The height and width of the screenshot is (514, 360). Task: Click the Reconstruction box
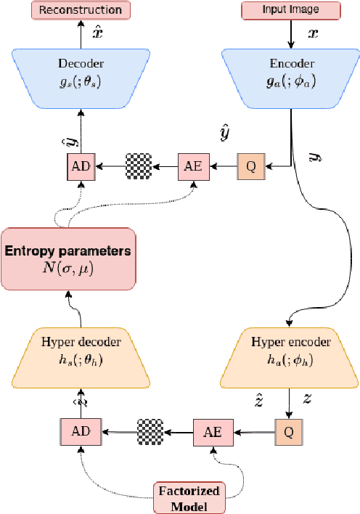(81, 9)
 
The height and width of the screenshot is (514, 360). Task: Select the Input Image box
(291, 9)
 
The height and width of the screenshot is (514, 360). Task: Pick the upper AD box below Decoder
(81, 166)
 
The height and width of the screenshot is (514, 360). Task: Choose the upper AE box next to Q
(193, 166)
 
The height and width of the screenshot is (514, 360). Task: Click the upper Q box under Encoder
(251, 166)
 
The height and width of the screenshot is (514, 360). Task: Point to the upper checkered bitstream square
(139, 166)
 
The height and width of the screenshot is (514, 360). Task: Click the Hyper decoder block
(81, 356)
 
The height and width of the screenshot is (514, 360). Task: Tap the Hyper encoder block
(291, 356)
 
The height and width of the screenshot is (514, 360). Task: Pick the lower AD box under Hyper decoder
(81, 431)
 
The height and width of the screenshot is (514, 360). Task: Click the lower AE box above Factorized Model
(212, 431)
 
